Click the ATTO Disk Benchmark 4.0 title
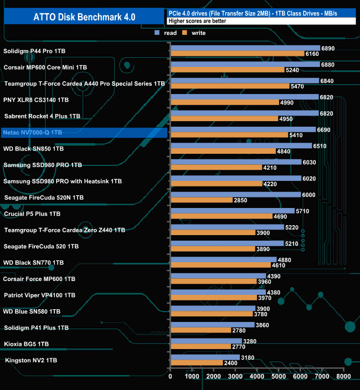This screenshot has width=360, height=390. (83, 17)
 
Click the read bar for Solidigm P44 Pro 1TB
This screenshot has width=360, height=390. (245, 48)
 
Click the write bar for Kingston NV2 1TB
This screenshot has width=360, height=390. (197, 363)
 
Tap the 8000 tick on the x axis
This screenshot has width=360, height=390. (343, 377)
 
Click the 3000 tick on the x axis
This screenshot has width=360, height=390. (235, 377)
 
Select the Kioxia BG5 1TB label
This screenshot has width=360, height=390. (26, 344)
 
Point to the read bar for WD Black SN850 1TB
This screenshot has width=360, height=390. (241, 146)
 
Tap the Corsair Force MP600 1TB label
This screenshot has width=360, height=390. (39, 279)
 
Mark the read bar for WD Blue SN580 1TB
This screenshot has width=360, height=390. (213, 309)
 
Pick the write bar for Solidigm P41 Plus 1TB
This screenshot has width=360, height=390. (201, 330)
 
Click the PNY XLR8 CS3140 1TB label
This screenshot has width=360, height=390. (36, 100)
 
